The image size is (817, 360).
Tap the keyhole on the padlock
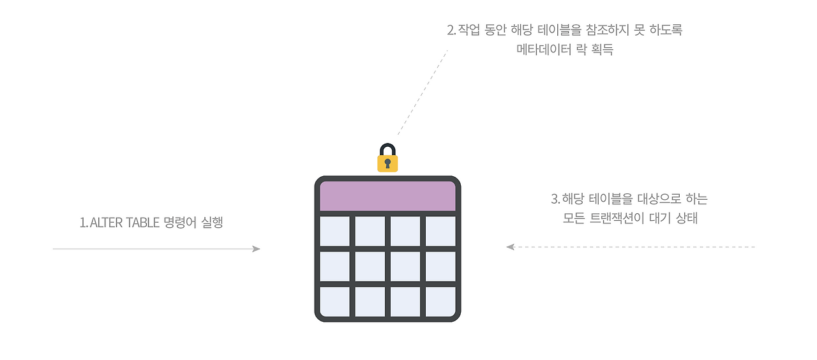[387, 163]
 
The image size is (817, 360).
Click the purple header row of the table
[387, 196]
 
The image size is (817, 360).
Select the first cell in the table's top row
[334, 231]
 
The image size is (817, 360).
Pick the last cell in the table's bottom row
[440, 301]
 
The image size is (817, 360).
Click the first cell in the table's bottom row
[334, 301]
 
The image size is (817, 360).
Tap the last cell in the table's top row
[440, 231]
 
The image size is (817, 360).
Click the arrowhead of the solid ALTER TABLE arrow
[257, 249]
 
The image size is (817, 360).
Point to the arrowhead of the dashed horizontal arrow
[510, 246]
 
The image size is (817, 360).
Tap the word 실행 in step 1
[212, 223]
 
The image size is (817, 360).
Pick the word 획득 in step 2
[601, 49]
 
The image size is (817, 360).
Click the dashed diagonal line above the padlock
[421, 93]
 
